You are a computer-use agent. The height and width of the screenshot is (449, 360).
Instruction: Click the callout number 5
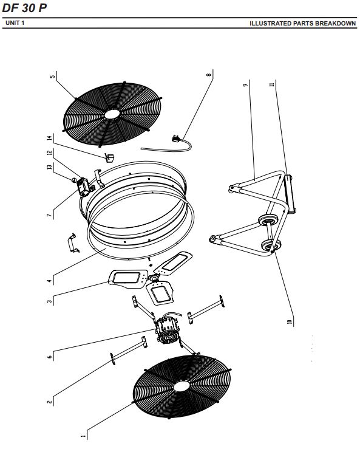pyautogui.click(x=52, y=77)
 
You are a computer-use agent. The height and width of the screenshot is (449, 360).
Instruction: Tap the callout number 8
pyautogui.click(x=209, y=75)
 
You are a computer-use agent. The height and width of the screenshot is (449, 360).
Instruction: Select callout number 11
pyautogui.click(x=272, y=84)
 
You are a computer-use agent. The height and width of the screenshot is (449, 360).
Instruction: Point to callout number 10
pyautogui.click(x=290, y=321)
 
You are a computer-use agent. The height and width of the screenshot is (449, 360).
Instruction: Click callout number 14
pyautogui.click(x=50, y=138)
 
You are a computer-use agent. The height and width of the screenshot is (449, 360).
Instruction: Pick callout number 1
pyautogui.click(x=83, y=436)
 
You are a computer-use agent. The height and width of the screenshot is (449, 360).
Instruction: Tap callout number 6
pyautogui.click(x=50, y=357)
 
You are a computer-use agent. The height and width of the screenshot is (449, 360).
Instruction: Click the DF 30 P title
pyautogui.click(x=24, y=8)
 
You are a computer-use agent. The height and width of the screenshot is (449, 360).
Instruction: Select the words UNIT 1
pyautogui.click(x=15, y=23)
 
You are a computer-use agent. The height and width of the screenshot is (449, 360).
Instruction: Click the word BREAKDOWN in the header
pyautogui.click(x=335, y=24)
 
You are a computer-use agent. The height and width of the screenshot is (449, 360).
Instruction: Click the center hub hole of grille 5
pyautogui.click(x=113, y=114)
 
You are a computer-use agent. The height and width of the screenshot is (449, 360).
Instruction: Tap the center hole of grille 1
pyautogui.click(x=182, y=387)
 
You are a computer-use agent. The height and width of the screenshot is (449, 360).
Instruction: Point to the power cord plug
pyautogui.click(x=176, y=139)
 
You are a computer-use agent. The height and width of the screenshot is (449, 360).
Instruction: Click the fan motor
pyautogui.click(x=168, y=330)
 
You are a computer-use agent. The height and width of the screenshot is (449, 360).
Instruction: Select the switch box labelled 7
pyautogui.click(x=85, y=187)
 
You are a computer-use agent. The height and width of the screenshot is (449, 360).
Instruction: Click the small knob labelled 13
pyautogui.click(x=73, y=180)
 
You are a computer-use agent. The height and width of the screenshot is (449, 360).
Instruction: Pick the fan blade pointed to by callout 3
pyautogui.click(x=128, y=279)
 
